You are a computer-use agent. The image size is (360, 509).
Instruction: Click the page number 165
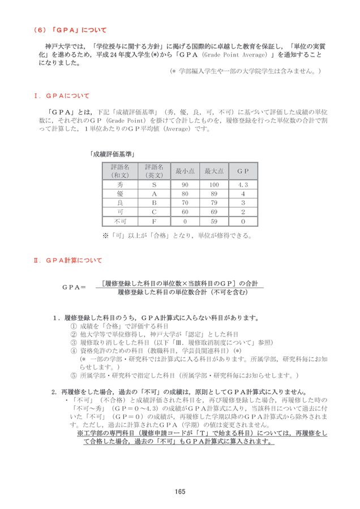pyautogui.click(x=180, y=491)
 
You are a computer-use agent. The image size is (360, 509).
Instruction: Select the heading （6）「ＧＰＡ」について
pyautogui.click(x=70, y=29)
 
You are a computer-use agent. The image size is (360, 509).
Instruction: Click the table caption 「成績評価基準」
pyautogui.click(x=115, y=153)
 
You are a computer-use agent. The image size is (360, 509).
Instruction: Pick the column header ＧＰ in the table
pyautogui.click(x=243, y=171)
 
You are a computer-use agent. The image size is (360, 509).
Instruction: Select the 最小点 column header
pyautogui.click(x=185, y=171)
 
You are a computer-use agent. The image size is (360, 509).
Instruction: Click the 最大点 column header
pyautogui.click(x=213, y=171)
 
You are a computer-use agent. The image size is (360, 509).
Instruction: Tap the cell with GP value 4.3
pyautogui.click(x=243, y=184)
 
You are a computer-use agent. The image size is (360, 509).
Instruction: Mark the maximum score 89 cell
pyautogui.click(x=213, y=193)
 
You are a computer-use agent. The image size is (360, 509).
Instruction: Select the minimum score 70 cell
pyautogui.click(x=185, y=202)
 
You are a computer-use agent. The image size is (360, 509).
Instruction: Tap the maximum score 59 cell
pyautogui.click(x=213, y=221)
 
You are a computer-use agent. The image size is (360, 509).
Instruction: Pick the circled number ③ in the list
pyautogui.click(x=72, y=342)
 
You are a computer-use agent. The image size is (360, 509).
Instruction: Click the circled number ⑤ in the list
pyautogui.click(x=72, y=374)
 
